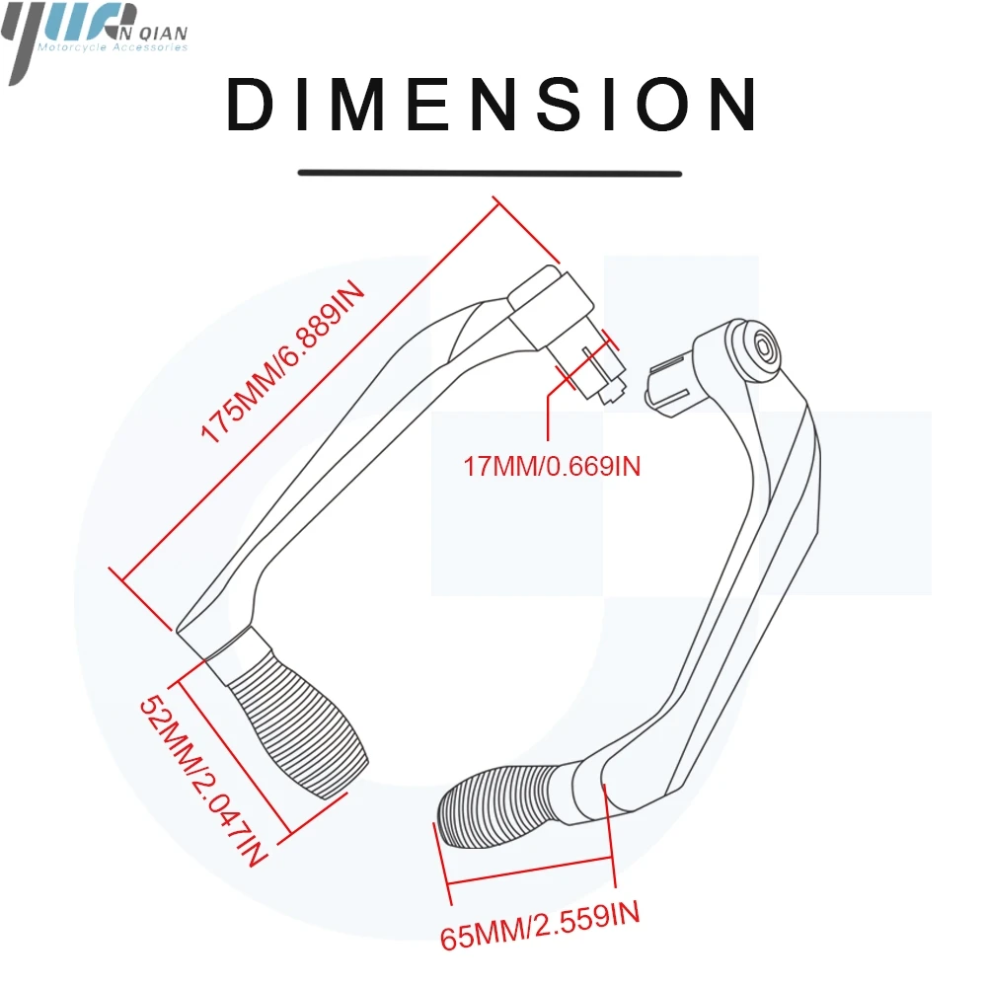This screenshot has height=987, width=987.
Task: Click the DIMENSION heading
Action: [493, 105]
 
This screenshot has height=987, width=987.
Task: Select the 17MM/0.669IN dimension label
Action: [552, 465]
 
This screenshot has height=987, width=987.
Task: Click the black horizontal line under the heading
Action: [491, 174]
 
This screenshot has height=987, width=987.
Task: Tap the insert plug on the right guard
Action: [672, 384]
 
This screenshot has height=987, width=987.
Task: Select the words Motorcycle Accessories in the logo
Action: [110, 46]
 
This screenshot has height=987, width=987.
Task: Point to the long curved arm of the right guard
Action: [750, 553]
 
